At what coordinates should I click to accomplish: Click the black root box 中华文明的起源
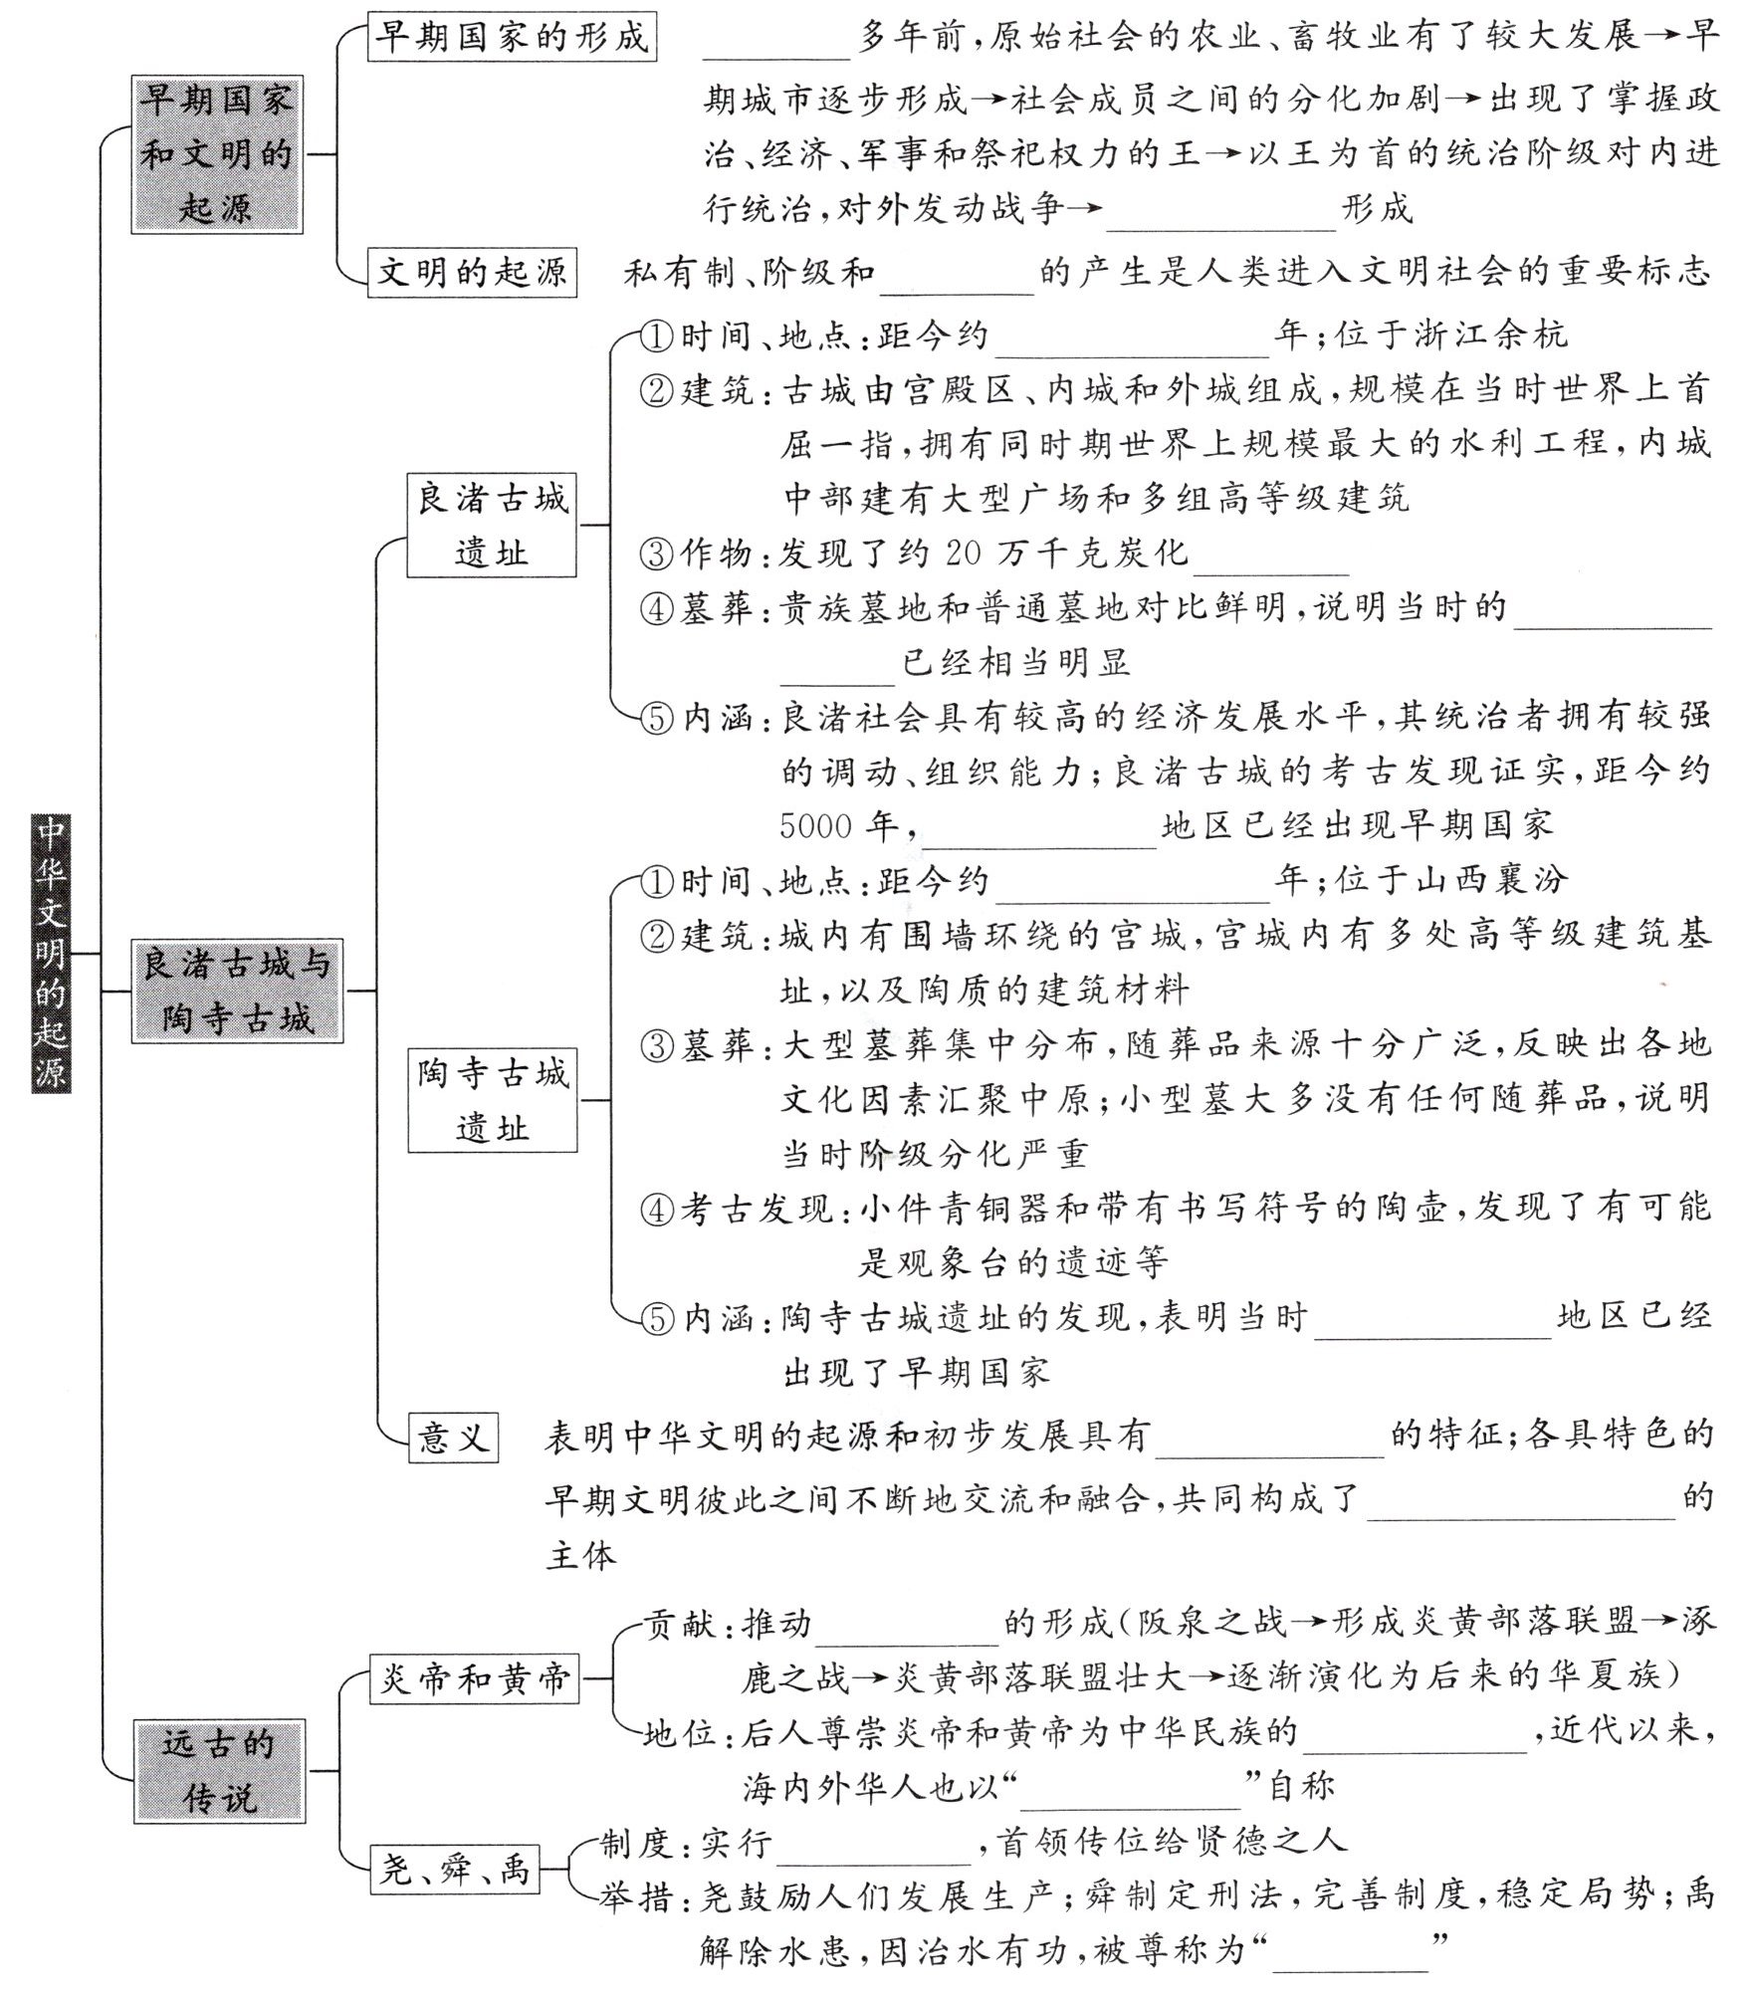coord(50,953)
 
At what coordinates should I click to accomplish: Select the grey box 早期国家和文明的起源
coord(216,154)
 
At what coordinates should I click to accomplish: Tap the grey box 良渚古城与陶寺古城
coord(237,991)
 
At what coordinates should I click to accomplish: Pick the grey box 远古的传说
coord(219,1771)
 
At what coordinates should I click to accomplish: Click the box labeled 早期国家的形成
coord(512,38)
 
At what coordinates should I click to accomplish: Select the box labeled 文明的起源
coord(472,272)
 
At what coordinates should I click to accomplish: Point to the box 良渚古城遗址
coord(492,525)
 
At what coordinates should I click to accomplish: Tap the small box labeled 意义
coord(453,1438)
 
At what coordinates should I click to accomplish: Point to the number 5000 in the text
coord(816,826)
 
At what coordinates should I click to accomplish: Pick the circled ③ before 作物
coord(657,554)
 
